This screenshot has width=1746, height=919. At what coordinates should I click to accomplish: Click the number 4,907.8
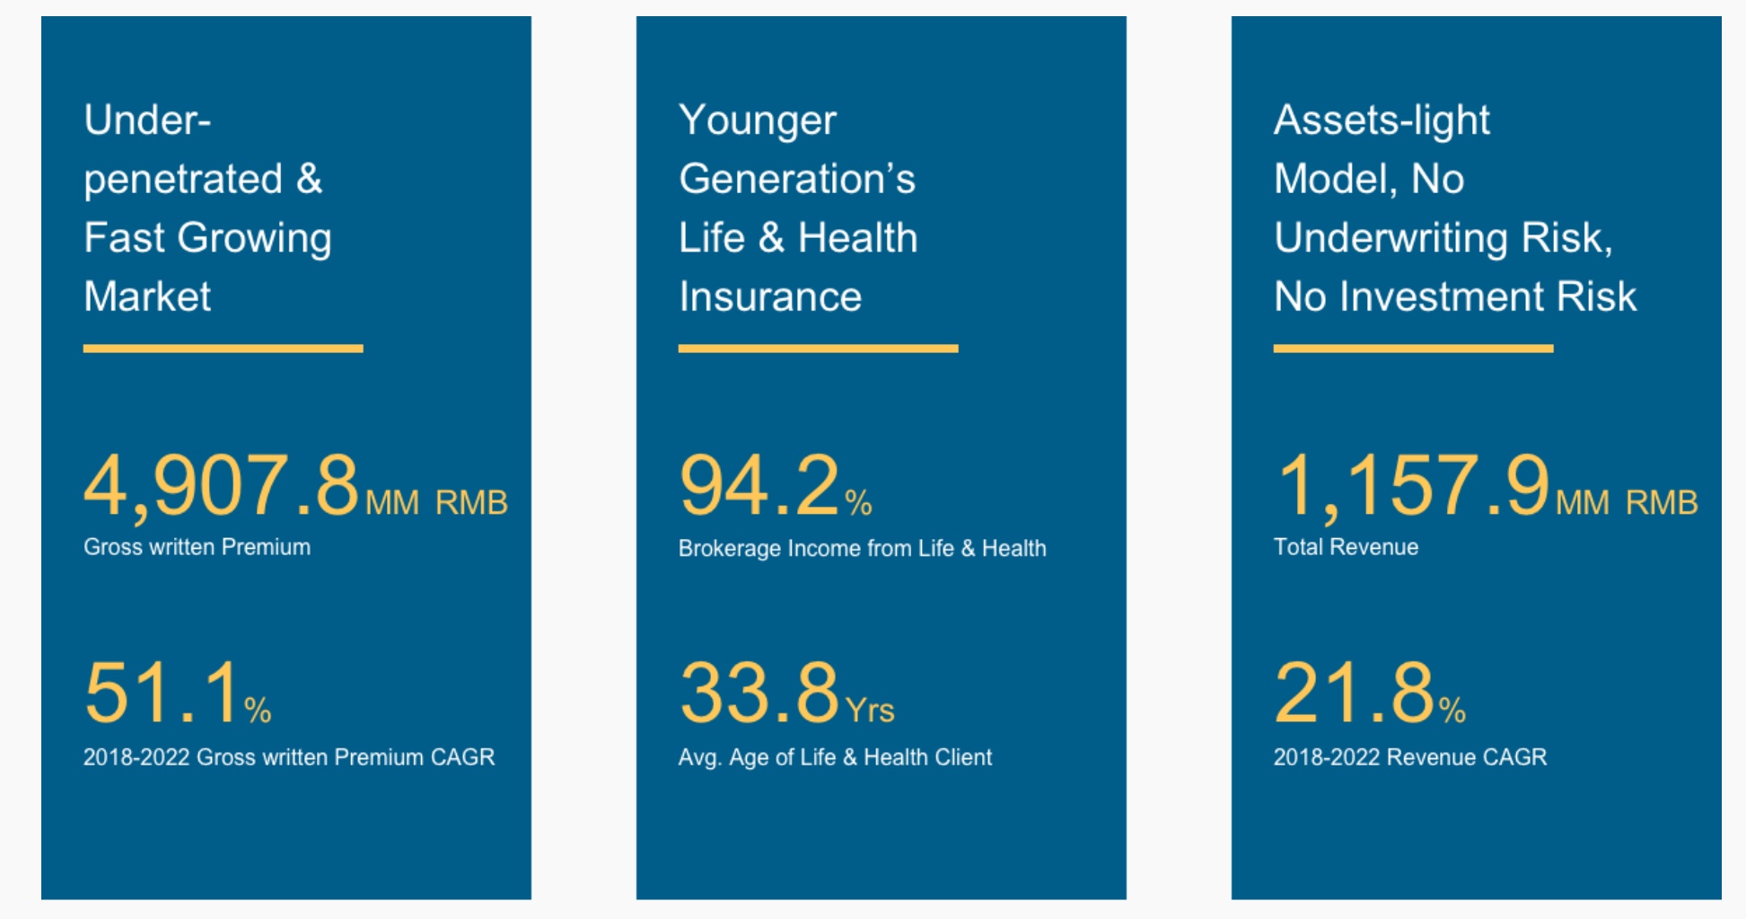(222, 486)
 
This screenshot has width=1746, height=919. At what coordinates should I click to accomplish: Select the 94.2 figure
(759, 486)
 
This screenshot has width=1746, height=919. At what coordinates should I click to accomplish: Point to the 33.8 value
(759, 693)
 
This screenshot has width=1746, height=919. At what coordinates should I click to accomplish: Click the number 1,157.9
(1412, 486)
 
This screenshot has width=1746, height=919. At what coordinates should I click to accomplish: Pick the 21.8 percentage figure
(1355, 693)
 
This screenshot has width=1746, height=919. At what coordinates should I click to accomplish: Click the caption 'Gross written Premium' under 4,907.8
(197, 547)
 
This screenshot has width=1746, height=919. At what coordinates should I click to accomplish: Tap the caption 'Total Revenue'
(1346, 547)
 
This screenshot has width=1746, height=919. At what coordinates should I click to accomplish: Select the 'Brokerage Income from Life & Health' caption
(863, 548)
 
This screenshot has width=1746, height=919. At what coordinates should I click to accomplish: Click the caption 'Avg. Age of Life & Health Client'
(835, 757)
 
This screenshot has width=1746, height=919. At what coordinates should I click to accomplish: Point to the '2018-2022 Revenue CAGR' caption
(1410, 757)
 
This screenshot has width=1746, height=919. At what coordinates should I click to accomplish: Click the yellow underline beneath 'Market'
(224, 349)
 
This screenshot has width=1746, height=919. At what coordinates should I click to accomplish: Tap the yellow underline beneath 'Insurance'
(819, 349)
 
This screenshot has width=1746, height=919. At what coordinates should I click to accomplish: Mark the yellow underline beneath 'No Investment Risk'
(1414, 349)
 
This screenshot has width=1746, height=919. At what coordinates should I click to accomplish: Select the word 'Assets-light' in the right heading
(1382, 120)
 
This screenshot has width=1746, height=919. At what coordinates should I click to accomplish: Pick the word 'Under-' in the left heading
(147, 120)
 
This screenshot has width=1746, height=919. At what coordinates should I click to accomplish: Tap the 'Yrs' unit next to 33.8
(870, 711)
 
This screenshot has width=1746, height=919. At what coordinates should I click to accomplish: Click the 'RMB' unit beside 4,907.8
(472, 503)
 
